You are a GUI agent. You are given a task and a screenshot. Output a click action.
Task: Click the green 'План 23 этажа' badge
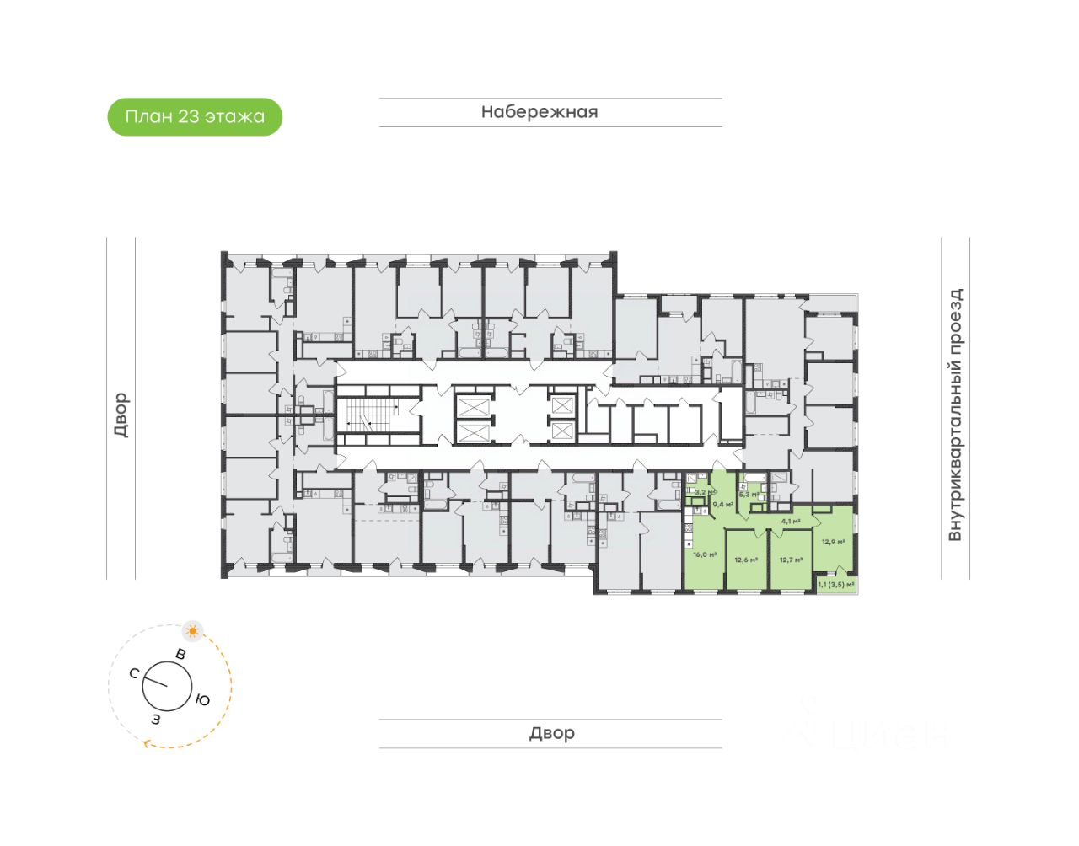(x=195, y=117)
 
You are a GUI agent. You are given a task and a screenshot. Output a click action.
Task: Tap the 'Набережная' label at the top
(x=539, y=112)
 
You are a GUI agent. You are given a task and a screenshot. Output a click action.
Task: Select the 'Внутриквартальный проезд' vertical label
(x=955, y=415)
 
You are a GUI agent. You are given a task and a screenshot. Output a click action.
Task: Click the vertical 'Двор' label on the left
(x=121, y=415)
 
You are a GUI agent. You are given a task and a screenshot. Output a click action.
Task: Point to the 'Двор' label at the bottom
(x=551, y=733)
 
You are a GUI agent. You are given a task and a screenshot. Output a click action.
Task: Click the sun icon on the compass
(x=193, y=631)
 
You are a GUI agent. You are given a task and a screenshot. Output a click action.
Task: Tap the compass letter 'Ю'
(x=203, y=699)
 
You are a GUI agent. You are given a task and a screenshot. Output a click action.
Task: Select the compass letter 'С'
(x=134, y=673)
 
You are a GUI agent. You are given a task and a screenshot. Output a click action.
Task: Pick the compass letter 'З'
(x=156, y=719)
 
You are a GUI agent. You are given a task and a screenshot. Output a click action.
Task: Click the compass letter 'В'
(x=180, y=654)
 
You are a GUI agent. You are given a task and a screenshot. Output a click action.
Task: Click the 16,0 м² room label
(x=705, y=554)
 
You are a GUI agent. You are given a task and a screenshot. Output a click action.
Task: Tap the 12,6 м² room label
(x=746, y=560)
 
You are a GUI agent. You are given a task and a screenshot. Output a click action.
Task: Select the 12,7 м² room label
(x=791, y=560)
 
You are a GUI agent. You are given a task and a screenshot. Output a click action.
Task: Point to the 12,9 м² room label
(x=833, y=542)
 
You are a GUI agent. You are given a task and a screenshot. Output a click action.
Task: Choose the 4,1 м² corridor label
(x=791, y=522)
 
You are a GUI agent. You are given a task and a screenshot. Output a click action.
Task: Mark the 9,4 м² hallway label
(x=722, y=505)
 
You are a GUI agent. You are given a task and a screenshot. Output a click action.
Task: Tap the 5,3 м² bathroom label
(x=749, y=495)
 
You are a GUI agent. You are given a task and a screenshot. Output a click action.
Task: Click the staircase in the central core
(x=372, y=415)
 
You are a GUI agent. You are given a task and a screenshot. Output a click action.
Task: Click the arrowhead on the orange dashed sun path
(x=148, y=743)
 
